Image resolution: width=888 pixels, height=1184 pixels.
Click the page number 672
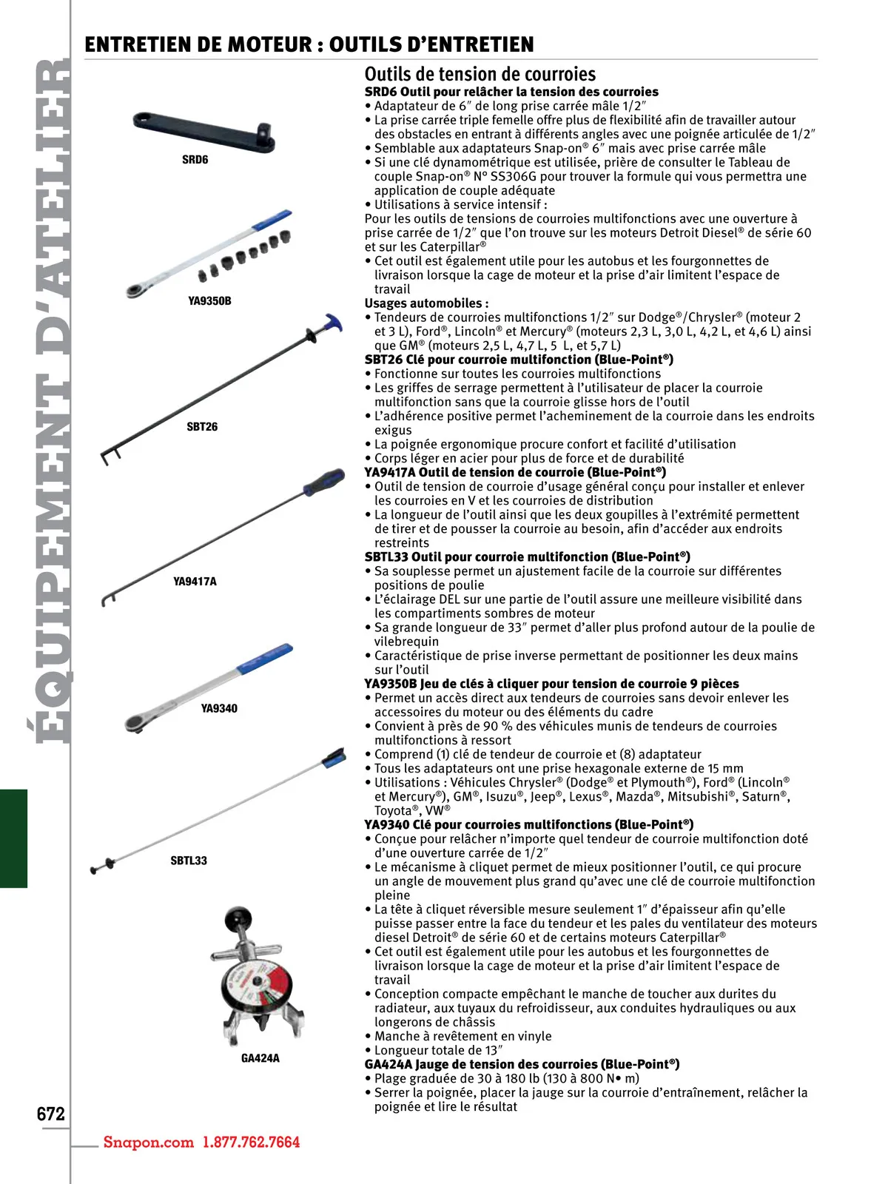coord(51,1114)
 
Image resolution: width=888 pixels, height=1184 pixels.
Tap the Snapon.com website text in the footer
coord(148,1142)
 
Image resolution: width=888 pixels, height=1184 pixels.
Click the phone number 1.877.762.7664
coord(252,1142)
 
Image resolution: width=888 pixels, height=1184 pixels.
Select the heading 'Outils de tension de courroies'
coord(480,74)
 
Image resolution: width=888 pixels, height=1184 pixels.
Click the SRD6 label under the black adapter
coord(195,160)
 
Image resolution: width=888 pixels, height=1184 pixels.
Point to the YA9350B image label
coord(209,301)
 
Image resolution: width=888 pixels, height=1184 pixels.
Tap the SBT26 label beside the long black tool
coord(202,427)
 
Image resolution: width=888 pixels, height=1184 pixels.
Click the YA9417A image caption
coord(195,582)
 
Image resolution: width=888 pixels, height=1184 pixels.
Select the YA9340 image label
coord(219,709)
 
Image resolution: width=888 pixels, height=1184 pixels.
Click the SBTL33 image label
coord(189,861)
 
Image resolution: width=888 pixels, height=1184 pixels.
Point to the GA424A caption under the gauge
coord(260,1058)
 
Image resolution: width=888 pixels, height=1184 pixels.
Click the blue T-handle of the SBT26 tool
coord(332,323)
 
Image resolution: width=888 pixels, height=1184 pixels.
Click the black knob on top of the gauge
coord(239,917)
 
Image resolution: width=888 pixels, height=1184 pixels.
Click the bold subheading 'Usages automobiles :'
coord(426,303)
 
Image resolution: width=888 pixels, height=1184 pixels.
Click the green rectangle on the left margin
coord(13,838)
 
